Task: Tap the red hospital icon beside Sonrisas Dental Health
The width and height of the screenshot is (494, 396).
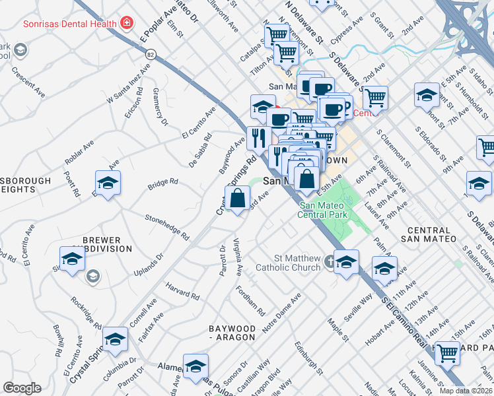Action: (125, 24)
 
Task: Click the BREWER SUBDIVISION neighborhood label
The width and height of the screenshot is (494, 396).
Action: (102, 244)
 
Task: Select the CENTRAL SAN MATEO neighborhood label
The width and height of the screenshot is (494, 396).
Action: (428, 234)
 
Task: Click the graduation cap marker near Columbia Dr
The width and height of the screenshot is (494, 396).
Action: (115, 339)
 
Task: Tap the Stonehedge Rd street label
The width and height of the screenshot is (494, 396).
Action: (167, 226)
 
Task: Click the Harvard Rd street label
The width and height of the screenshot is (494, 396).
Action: (183, 292)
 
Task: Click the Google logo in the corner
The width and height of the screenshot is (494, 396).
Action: (22, 388)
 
